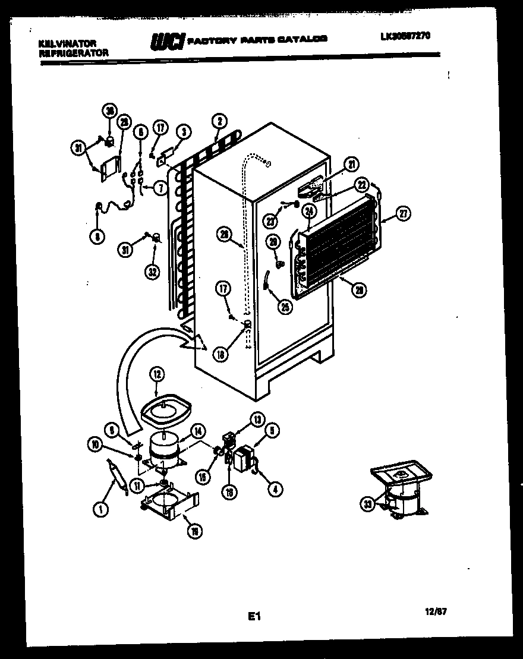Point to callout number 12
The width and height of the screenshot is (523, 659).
point(156,374)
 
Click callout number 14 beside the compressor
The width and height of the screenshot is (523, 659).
point(197,433)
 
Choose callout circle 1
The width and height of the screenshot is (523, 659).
point(100,509)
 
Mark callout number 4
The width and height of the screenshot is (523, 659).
point(275,490)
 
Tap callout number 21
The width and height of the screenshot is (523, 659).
point(352,165)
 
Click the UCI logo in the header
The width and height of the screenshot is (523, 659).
point(167,41)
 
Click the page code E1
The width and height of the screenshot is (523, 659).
point(254,617)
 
